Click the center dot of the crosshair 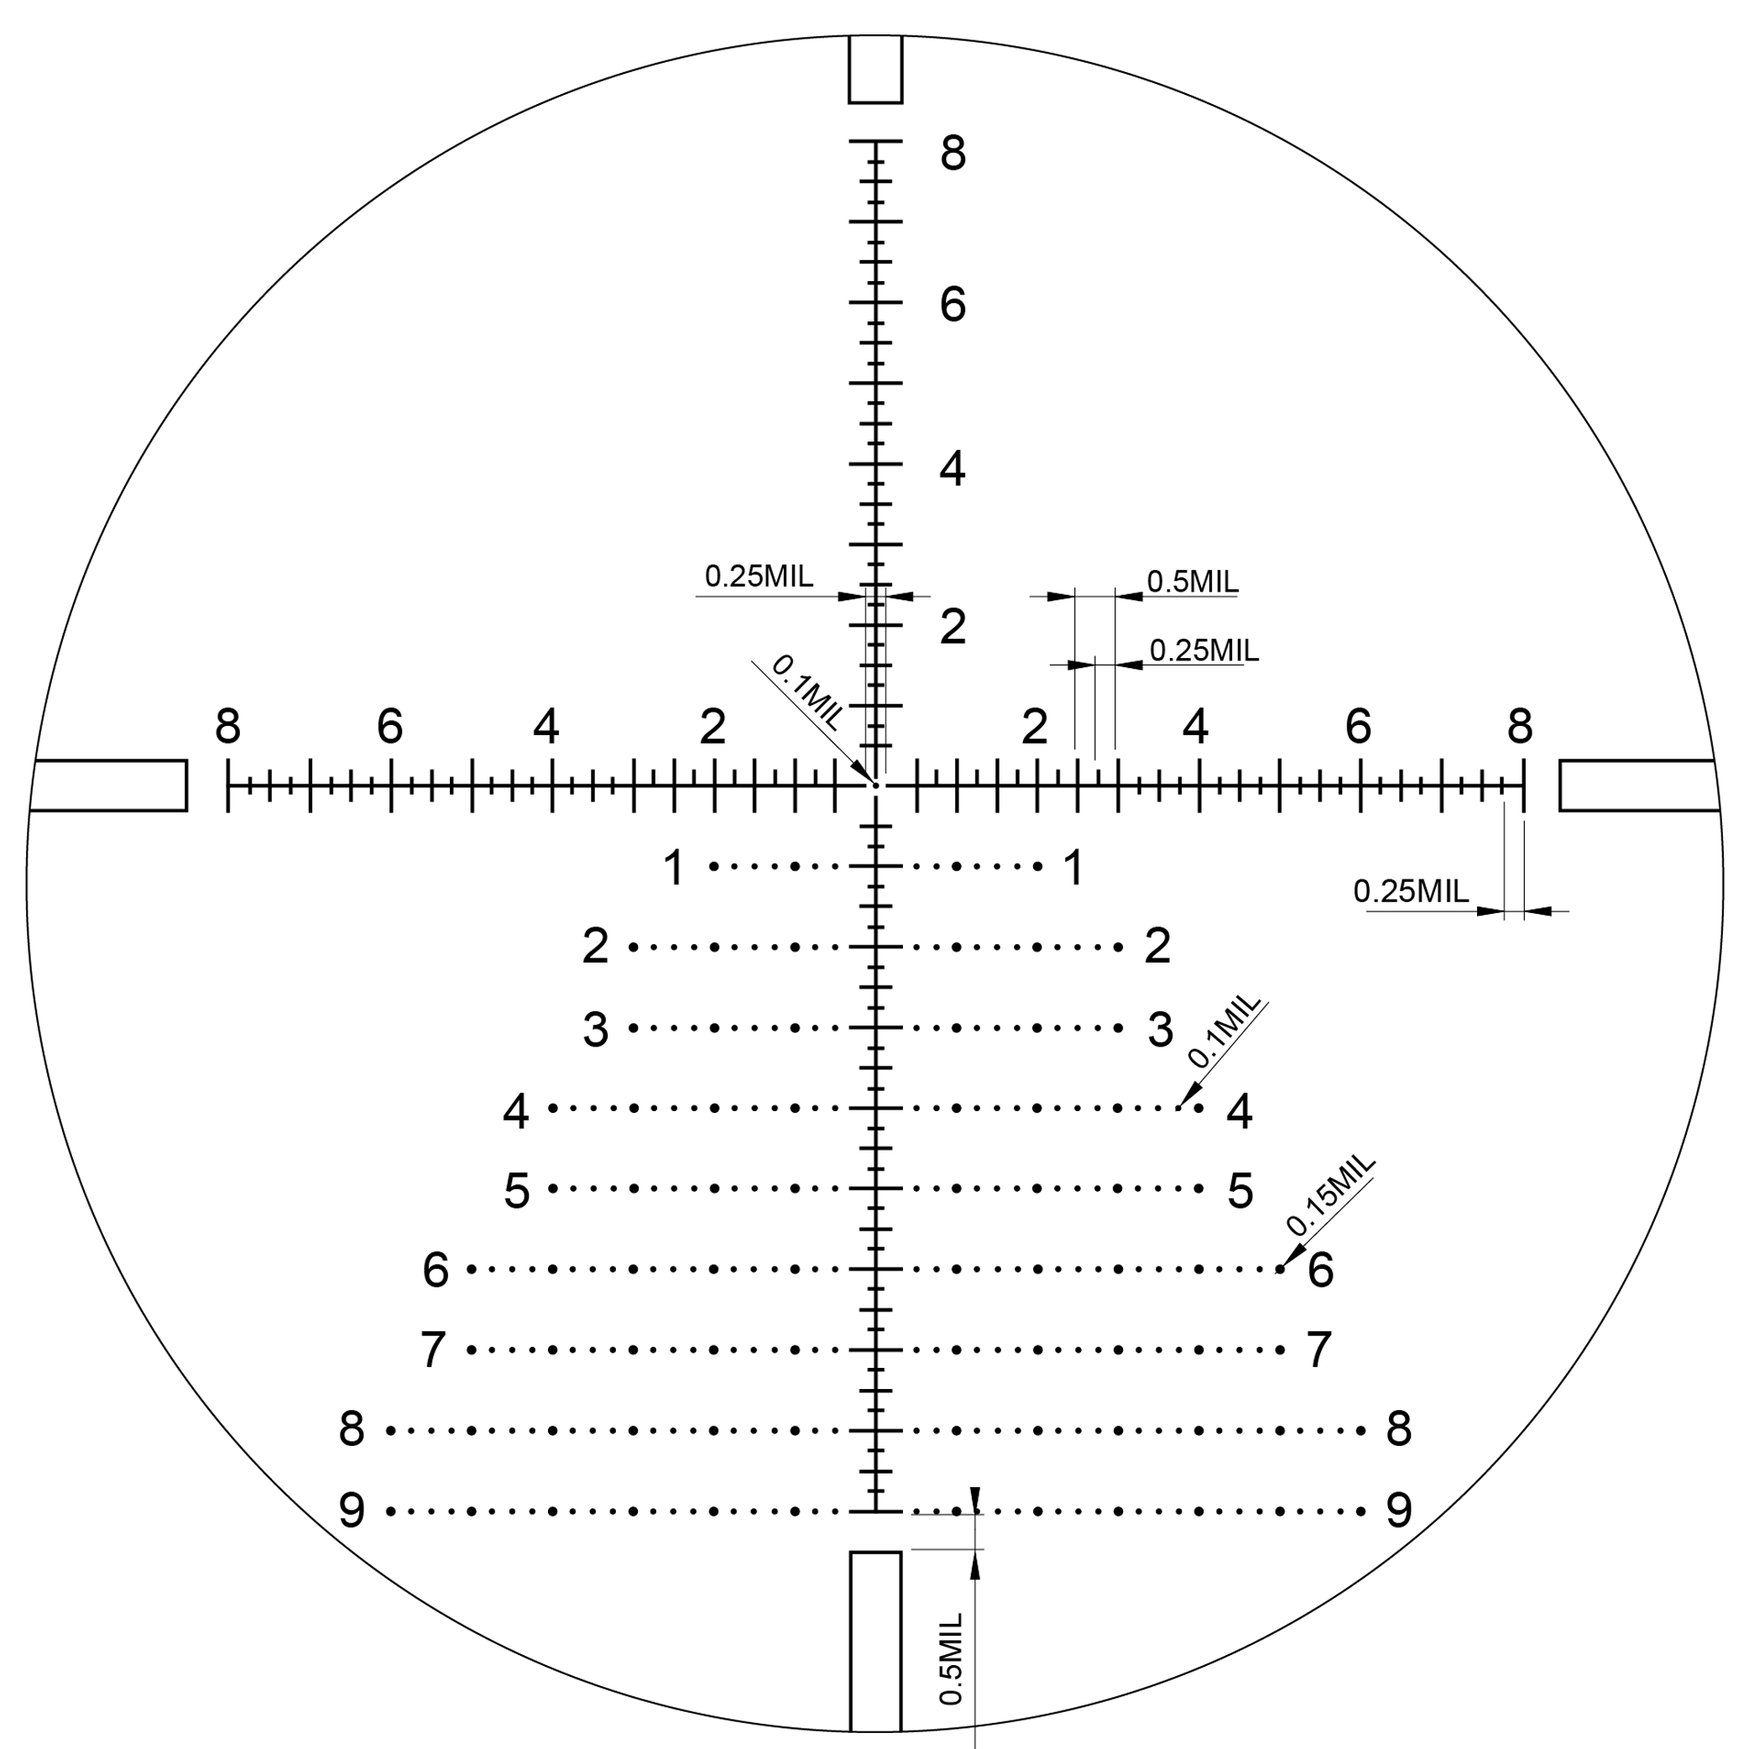(x=875, y=785)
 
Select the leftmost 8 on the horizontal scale (x=228, y=725)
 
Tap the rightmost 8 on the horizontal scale (x=1520, y=725)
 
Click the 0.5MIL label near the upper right (x=1193, y=582)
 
